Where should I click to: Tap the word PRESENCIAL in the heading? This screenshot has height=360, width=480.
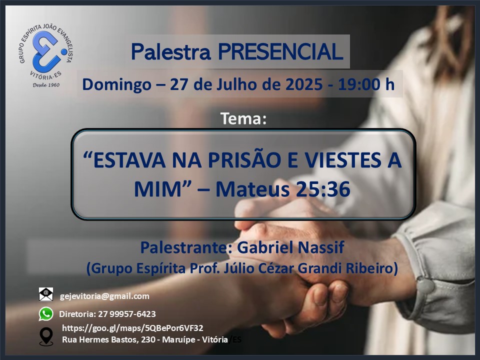click(x=280, y=51)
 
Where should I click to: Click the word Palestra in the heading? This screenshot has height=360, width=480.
click(x=171, y=51)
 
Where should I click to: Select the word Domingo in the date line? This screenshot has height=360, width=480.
click(x=116, y=85)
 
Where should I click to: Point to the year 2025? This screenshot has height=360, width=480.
click(x=303, y=84)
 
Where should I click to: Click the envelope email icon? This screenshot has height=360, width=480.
click(x=46, y=294)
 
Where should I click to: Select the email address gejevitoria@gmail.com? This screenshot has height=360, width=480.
click(x=104, y=296)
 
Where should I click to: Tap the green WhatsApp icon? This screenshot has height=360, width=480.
click(x=46, y=314)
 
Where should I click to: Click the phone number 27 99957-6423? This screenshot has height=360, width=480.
click(x=126, y=314)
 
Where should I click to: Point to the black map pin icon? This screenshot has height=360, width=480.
click(x=46, y=336)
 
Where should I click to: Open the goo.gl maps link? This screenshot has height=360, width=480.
click(x=132, y=328)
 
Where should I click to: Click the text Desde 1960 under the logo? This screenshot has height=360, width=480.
click(x=46, y=85)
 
